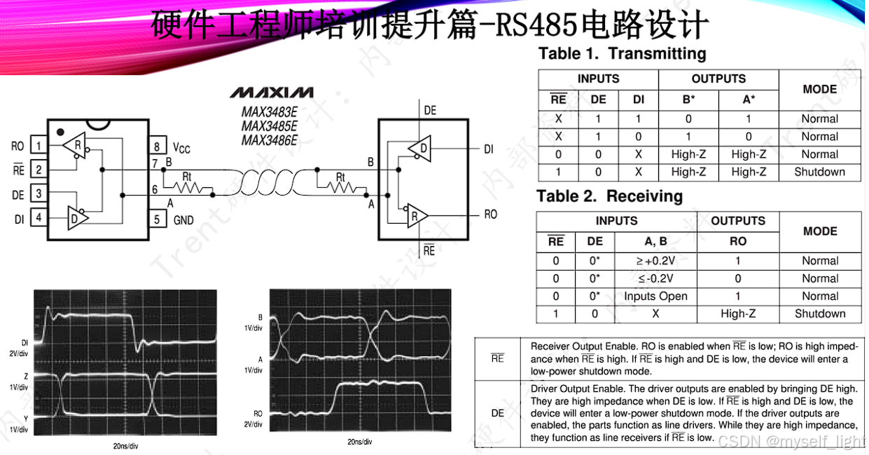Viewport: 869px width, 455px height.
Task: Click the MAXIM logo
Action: coord(272,93)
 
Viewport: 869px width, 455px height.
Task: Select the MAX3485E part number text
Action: coord(270,126)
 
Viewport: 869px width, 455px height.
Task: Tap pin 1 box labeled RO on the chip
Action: coord(39,146)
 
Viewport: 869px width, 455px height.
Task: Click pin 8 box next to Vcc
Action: coord(157,147)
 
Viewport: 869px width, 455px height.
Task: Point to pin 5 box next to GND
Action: coord(157,220)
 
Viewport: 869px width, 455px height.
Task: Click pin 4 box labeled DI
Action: coord(39,218)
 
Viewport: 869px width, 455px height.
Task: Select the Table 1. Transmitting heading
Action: coord(622,54)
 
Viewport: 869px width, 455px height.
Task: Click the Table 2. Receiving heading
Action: coord(609,196)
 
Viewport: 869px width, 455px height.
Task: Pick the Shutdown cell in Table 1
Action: coord(819,172)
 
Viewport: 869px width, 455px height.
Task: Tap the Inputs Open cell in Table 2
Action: coord(655,296)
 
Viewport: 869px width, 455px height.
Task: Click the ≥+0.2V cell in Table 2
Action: coord(655,261)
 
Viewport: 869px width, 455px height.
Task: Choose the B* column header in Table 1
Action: coord(688,100)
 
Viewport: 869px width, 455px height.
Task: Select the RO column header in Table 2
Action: coord(738,241)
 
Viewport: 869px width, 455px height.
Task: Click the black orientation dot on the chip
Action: coord(61,131)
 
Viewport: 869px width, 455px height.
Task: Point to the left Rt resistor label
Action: coord(186,175)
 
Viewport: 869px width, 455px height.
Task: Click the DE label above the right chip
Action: coord(430,110)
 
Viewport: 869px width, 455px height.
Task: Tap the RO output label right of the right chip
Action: coord(491,214)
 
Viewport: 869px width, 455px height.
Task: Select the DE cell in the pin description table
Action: coord(497,413)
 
